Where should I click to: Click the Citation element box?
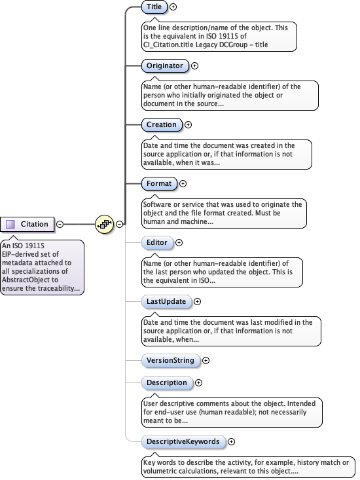(27, 224)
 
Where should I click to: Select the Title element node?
(154, 7)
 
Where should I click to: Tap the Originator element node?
(165, 65)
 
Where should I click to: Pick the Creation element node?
(162, 124)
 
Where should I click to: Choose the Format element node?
(158, 184)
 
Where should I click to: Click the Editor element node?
(157, 242)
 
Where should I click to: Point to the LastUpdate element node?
(166, 301)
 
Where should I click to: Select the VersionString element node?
(170, 360)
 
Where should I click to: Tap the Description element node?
(166, 382)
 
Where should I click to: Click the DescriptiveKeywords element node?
(183, 441)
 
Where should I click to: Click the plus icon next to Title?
(173, 7)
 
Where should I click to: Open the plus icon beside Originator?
(194, 65)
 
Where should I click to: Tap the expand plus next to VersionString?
(206, 360)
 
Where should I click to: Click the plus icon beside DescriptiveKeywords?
(231, 441)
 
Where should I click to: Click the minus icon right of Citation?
(60, 224)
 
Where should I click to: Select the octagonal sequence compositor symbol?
(104, 224)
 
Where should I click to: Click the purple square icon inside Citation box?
(10, 224)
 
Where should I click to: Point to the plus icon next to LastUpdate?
(197, 301)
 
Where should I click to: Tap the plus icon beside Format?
(183, 184)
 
